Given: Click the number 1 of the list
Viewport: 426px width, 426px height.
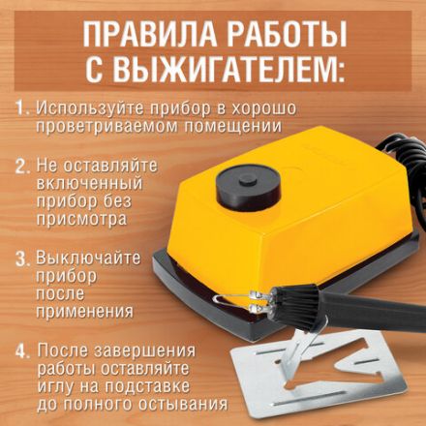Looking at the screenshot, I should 22,106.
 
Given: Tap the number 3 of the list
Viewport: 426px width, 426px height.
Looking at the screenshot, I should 22,259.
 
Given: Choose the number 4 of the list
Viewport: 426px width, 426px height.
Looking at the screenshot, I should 22,350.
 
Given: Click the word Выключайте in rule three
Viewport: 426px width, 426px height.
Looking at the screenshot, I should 88,259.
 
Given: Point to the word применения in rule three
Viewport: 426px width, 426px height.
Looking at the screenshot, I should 84,312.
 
